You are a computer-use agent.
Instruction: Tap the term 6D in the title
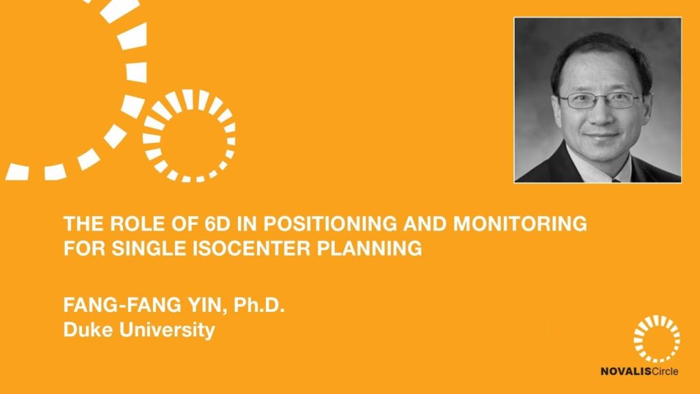pos(217,224)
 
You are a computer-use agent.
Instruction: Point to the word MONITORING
pos(520,224)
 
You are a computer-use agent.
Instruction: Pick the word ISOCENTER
pos(252,248)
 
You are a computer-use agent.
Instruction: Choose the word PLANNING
pos(369,248)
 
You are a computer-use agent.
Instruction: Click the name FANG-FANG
pos(122,305)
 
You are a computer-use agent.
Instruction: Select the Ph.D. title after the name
pos(259,305)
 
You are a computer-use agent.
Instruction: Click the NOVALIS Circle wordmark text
pos(639,371)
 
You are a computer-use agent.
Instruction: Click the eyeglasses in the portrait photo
pos(600,100)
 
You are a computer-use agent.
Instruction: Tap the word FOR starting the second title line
pos(85,248)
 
